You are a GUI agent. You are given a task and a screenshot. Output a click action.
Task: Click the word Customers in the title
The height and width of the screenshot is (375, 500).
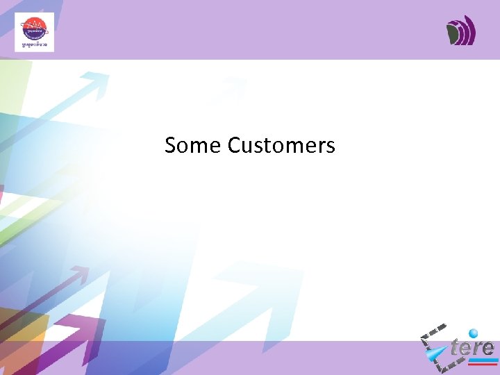(281, 145)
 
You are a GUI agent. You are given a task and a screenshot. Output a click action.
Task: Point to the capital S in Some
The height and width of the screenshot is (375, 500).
(171, 145)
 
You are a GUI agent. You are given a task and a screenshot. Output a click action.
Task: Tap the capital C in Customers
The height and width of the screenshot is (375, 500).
(234, 145)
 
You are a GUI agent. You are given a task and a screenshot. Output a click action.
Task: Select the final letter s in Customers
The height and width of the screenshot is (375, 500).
(331, 147)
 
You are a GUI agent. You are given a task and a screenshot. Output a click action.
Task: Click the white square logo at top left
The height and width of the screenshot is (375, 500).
(34, 33)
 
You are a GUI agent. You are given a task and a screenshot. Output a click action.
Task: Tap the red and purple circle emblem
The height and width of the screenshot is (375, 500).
(34, 28)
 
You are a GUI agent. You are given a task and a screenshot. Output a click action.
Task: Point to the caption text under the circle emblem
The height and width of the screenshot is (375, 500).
(34, 45)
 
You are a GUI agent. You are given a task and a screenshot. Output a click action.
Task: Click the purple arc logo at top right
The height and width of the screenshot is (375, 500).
(460, 31)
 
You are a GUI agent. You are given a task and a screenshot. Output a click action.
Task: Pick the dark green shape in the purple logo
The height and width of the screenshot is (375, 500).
(453, 33)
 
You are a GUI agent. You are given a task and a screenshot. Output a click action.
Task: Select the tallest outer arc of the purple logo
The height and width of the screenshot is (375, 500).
(472, 31)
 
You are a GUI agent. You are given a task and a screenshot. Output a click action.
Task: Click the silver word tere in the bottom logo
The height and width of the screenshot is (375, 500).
(472, 347)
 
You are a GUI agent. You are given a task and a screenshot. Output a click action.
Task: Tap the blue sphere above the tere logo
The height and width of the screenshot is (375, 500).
(474, 333)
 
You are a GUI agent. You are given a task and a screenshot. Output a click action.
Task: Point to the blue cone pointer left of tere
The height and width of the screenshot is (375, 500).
(437, 355)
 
